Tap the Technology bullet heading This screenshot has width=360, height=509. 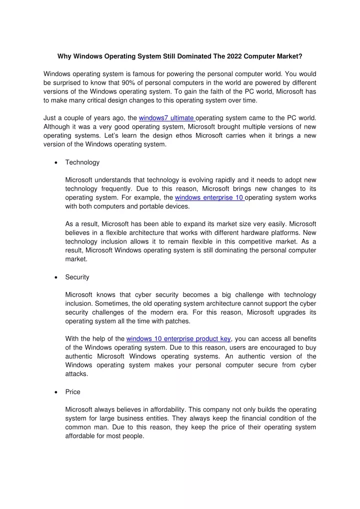tap(82, 162)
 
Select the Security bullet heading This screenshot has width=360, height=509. tap(77, 276)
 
